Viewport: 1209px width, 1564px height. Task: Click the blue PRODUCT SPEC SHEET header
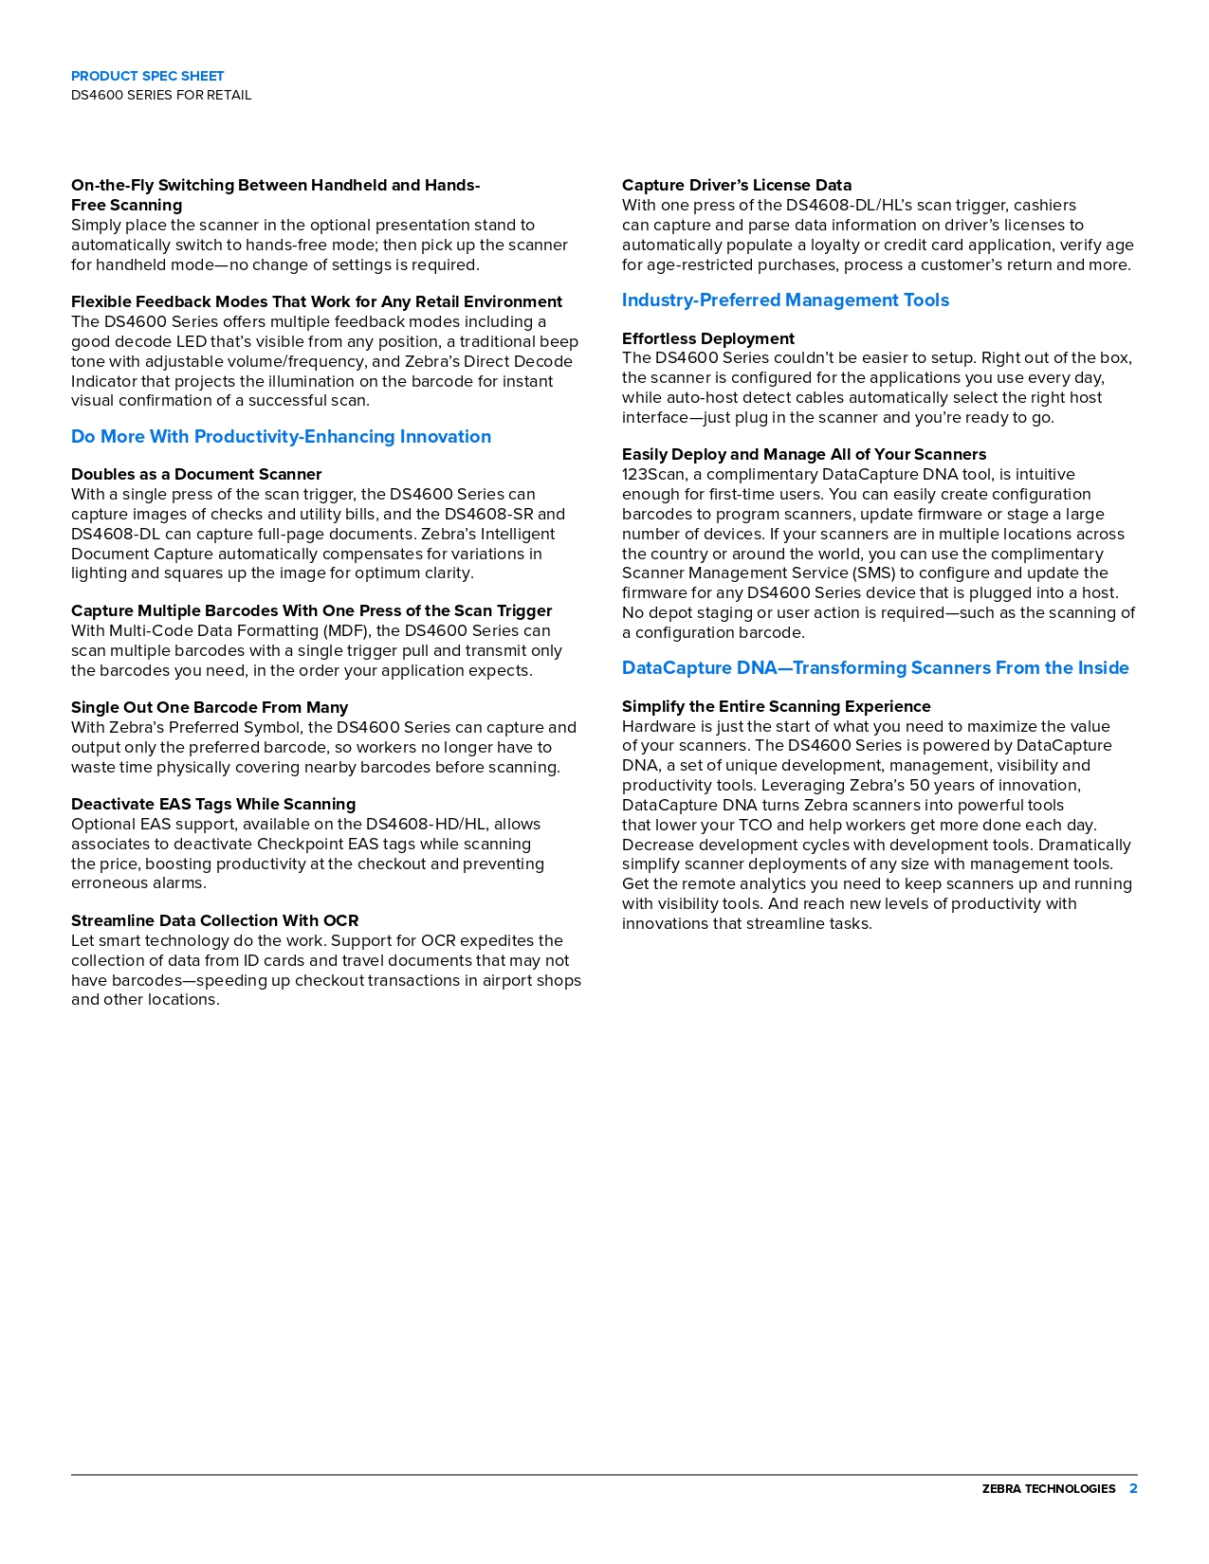click(147, 76)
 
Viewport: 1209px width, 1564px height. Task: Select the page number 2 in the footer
click(1133, 1489)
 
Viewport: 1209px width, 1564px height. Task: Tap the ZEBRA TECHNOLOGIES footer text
click(1048, 1489)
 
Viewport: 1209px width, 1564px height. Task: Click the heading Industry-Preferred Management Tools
click(785, 300)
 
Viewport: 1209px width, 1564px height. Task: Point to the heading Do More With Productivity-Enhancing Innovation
click(281, 437)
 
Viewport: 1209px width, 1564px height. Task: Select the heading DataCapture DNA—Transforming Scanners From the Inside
click(875, 668)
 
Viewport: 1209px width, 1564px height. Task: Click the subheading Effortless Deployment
click(708, 338)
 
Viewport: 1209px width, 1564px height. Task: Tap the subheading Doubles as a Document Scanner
click(196, 474)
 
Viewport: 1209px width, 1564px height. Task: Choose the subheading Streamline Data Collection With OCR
click(215, 920)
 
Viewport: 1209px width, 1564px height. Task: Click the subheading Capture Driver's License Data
click(737, 185)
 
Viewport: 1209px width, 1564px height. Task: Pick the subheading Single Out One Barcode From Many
click(210, 707)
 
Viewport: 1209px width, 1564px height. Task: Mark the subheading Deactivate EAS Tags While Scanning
click(213, 804)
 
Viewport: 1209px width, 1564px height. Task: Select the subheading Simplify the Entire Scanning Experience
click(777, 706)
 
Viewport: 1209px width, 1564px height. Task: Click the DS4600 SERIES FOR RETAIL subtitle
click(161, 95)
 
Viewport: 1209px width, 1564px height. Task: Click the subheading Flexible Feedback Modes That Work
click(317, 301)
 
